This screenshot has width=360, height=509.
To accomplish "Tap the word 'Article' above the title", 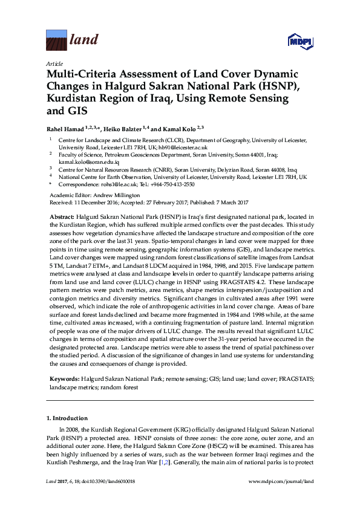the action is [x=54, y=63].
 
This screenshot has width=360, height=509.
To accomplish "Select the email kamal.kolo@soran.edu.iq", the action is [x=84, y=163].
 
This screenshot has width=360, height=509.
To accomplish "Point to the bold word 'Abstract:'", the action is [x=62, y=216].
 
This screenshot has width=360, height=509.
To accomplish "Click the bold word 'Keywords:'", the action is [x=64, y=378].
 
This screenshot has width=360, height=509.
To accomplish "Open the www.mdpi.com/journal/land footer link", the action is [x=281, y=498].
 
